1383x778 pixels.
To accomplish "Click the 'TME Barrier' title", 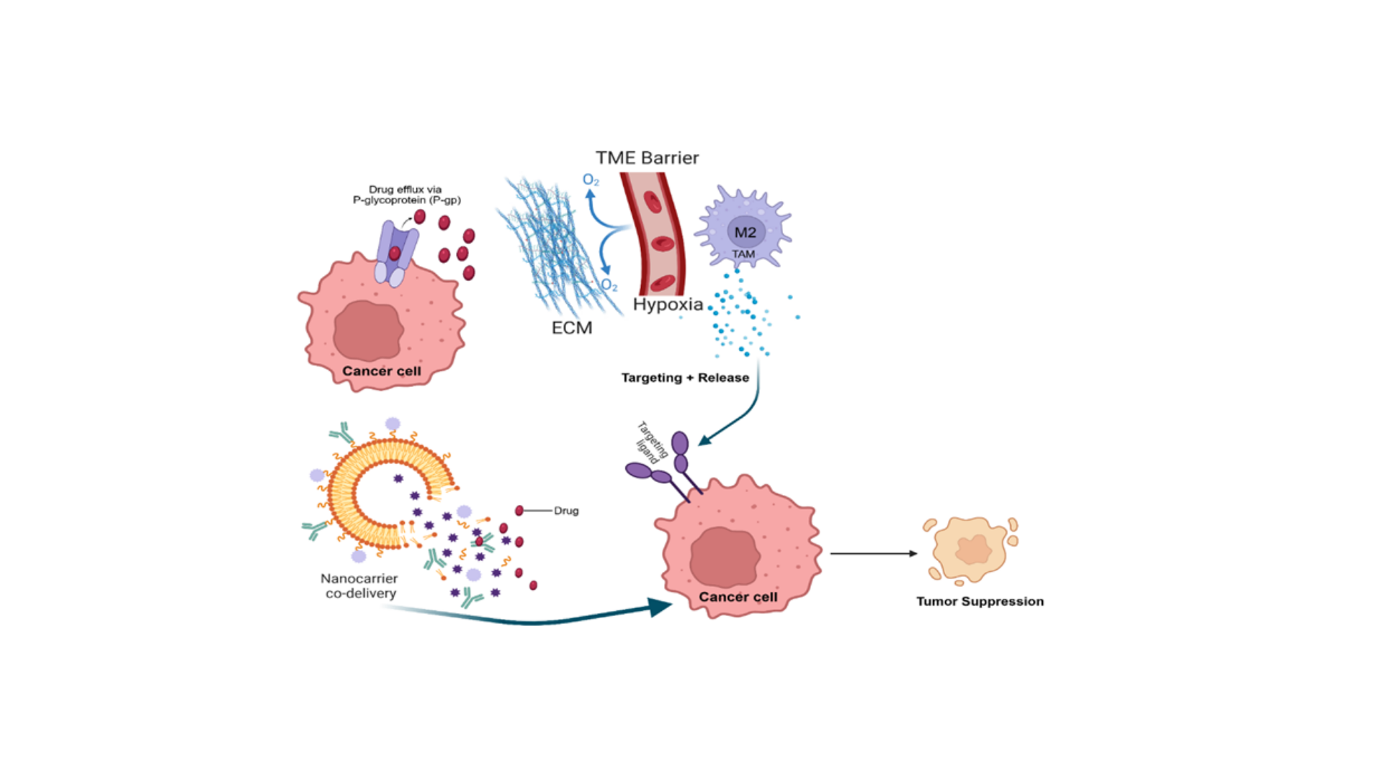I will tap(647, 158).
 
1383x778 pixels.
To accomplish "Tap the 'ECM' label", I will tap(572, 328).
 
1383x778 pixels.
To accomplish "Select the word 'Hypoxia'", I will tap(668, 304).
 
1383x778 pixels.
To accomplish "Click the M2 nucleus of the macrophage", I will tap(746, 232).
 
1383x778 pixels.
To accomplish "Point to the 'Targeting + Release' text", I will tap(685, 377).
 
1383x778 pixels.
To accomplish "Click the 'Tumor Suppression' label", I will tap(980, 601).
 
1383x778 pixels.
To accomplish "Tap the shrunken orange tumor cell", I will tap(970, 550).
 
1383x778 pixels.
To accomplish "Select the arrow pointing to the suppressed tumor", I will tap(874, 553).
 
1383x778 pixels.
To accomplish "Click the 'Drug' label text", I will tap(566, 511).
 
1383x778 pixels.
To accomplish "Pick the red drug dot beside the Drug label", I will tap(519, 511).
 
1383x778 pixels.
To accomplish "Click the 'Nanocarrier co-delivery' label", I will tap(359, 586).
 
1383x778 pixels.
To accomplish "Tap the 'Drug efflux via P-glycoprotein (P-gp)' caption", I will tap(406, 194).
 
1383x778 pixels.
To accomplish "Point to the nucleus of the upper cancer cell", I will tap(368, 331).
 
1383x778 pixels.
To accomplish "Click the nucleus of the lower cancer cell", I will tap(725, 557).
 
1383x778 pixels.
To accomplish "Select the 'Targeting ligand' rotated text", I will tap(652, 441).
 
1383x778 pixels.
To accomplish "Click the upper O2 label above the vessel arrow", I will tap(591, 180).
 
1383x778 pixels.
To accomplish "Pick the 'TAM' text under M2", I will tap(743, 254).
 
